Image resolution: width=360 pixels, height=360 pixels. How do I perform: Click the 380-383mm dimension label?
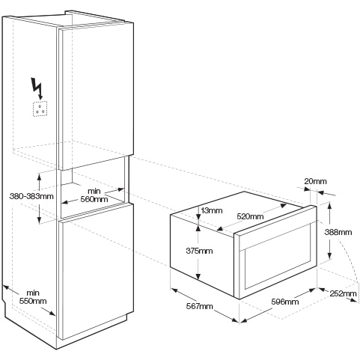31,196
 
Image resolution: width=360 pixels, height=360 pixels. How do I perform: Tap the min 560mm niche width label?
94,195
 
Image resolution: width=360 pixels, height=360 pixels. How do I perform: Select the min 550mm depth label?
33,297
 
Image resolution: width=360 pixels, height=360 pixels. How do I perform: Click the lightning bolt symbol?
37,88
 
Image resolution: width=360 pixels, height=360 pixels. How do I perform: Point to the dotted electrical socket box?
40,109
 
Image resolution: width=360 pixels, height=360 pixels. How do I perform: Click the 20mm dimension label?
315,181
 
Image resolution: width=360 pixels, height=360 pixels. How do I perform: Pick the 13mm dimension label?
211,210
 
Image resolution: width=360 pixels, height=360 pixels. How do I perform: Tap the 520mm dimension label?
250,216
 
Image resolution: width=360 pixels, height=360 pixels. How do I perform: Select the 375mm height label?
199,251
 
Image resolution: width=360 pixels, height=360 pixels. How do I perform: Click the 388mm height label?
338,232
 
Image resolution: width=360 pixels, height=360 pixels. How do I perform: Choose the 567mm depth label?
200,306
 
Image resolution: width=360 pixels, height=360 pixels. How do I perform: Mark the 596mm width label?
285,302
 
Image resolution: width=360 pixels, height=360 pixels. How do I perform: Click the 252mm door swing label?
343,293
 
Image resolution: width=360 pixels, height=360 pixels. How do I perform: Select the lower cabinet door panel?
97,272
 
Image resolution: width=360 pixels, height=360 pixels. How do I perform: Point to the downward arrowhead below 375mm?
198,276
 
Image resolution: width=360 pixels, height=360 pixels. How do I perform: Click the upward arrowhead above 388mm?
329,205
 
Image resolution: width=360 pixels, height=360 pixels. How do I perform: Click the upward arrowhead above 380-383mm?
39,177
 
